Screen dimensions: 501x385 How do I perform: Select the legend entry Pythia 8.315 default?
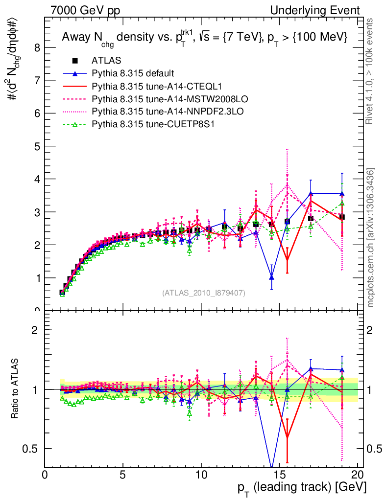click(133, 73)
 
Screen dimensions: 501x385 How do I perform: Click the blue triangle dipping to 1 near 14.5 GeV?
click(271, 277)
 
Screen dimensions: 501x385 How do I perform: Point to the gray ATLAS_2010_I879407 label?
click(204, 293)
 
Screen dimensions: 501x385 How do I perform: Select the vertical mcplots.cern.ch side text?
click(372, 238)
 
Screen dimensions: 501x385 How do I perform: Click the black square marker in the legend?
click(75, 61)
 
